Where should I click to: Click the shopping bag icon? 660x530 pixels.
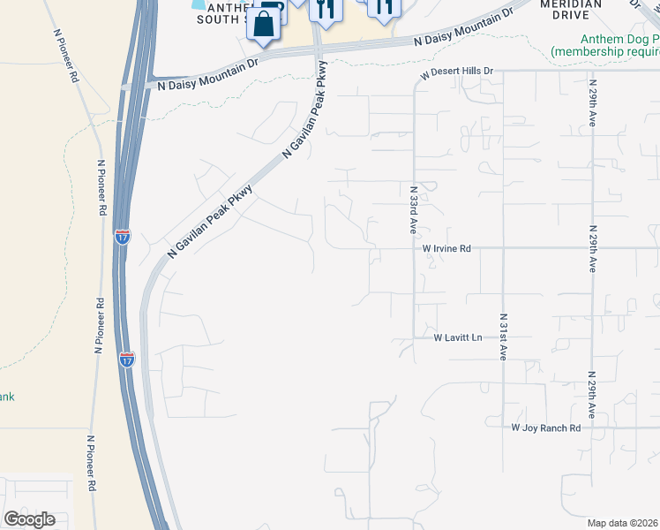(264, 24)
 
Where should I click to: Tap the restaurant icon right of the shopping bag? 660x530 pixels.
(326, 11)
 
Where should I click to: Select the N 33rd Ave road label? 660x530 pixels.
(413, 209)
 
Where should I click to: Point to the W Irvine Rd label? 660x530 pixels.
(446, 249)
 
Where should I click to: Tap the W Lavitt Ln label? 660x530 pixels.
(458, 337)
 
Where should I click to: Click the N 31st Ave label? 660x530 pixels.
(503, 337)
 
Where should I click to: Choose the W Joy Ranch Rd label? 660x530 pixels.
(546, 428)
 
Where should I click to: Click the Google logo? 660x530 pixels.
(29, 519)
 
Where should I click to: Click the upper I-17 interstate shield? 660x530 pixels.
(123, 237)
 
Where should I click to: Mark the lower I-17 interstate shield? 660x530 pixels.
(127, 360)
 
